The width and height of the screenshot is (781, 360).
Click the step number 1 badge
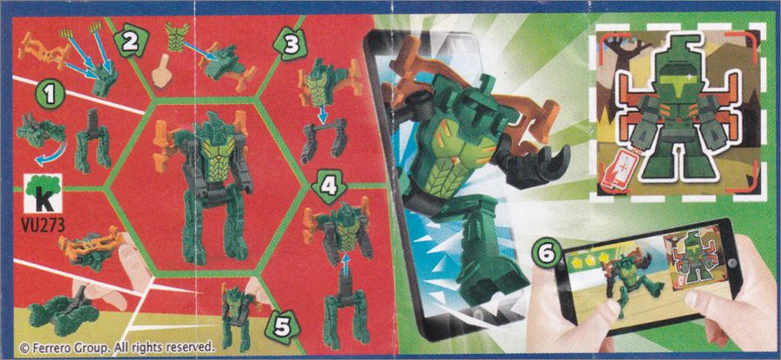[49, 94]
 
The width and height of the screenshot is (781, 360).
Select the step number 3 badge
[289, 46]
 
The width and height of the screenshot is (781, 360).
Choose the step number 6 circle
[548, 253]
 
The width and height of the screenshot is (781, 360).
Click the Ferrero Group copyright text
[116, 346]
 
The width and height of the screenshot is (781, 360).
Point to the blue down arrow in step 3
[323, 116]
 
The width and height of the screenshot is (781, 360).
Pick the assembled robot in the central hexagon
[203, 186]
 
